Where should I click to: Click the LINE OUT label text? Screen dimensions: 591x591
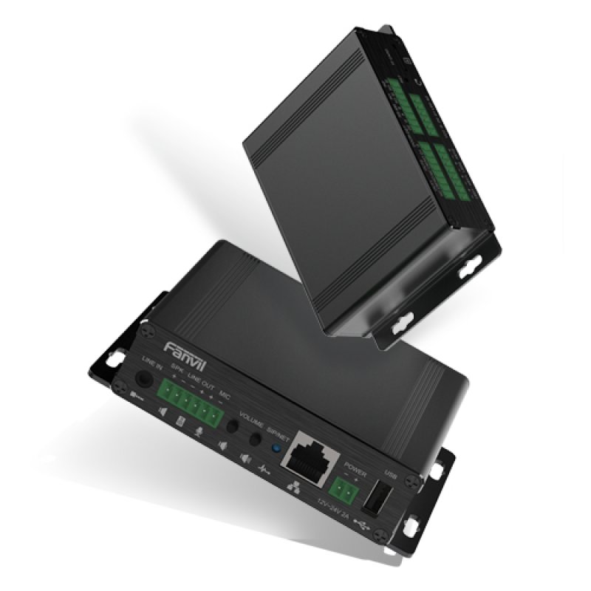pyautogui.click(x=200, y=383)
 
